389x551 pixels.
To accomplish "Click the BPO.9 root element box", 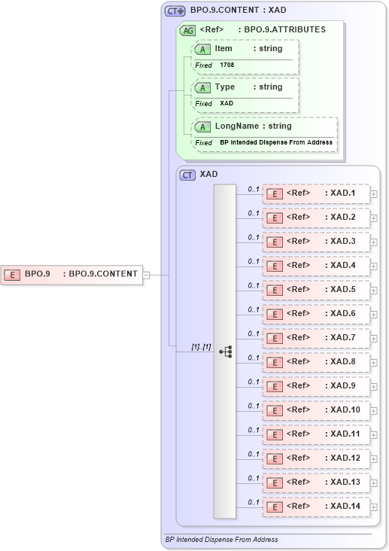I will (72, 274).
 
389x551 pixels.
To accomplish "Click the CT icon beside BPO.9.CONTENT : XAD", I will (175, 11).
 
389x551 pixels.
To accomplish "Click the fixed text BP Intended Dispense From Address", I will (275, 142).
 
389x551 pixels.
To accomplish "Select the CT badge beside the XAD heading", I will (187, 175).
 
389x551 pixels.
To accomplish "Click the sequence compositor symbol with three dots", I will (225, 352).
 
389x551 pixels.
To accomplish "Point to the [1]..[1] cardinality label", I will (201, 347).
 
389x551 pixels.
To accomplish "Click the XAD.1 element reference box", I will (316, 194).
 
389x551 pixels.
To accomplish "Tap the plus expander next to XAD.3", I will (374, 242).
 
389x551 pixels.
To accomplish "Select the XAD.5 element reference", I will (316, 290).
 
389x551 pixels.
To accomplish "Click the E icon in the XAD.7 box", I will (275, 338).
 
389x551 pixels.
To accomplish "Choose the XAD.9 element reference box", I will (316, 386).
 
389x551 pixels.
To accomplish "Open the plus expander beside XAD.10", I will (374, 411).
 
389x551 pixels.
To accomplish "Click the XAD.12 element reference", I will (316, 458).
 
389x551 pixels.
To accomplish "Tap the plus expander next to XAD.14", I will (374, 507).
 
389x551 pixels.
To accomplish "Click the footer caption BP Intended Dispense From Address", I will (221, 540).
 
